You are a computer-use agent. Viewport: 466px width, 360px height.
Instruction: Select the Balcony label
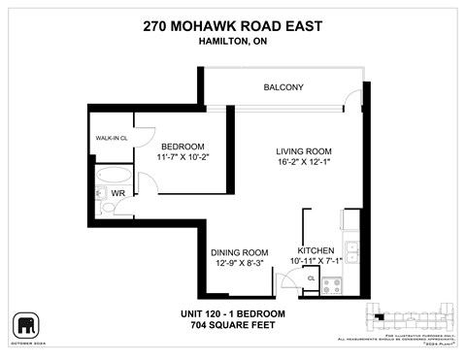(283, 87)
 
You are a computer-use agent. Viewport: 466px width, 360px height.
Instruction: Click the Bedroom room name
(183, 147)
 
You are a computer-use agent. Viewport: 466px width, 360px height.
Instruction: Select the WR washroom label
(119, 194)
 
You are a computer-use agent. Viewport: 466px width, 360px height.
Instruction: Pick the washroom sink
(105, 211)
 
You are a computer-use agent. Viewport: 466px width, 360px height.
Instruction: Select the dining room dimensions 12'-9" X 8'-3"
(240, 263)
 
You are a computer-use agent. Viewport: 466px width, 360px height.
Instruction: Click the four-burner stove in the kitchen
(332, 285)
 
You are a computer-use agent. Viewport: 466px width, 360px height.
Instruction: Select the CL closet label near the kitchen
(311, 278)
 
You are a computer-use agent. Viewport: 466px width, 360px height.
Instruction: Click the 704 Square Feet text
(233, 326)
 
